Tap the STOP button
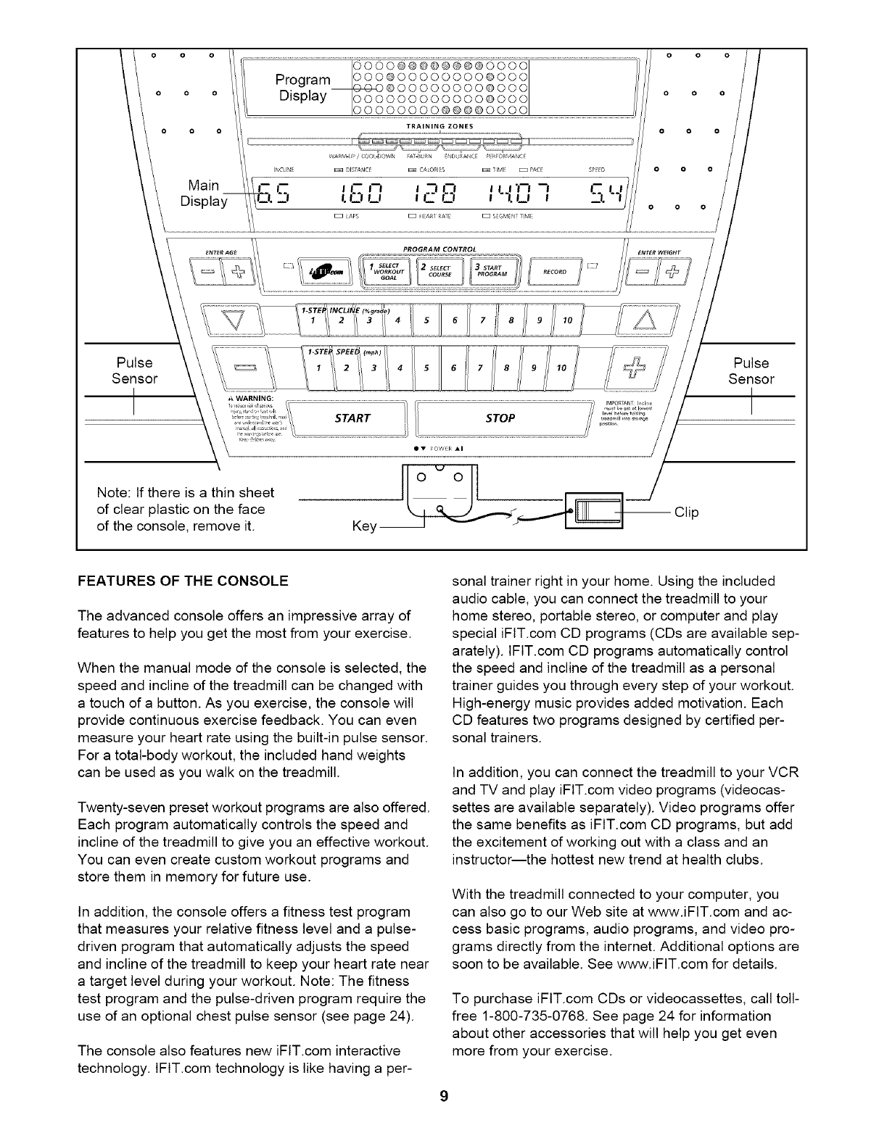point(501,418)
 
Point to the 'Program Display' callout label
point(303,87)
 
